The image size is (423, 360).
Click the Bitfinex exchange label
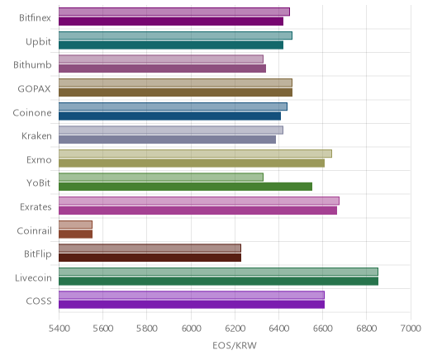(x=35, y=18)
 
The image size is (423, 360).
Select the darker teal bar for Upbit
(x=171, y=45)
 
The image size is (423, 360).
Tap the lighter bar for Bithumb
(x=161, y=59)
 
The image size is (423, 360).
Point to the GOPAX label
(x=34, y=88)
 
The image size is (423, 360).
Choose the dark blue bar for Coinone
(x=169, y=116)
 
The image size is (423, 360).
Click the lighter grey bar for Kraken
(x=171, y=130)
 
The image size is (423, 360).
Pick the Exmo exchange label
(x=39, y=159)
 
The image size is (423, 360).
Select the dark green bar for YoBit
(x=185, y=187)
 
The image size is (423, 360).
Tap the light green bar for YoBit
(x=161, y=177)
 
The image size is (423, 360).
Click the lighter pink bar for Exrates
(x=199, y=201)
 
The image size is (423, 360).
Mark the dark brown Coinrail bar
(x=75, y=234)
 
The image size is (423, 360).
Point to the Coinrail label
(x=34, y=230)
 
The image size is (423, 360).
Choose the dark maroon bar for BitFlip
(x=150, y=258)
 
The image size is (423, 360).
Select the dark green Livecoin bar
(x=218, y=282)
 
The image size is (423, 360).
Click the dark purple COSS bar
(x=192, y=305)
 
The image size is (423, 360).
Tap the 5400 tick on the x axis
(x=59, y=329)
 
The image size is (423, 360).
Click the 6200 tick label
(x=235, y=329)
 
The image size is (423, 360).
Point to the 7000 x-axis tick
(x=411, y=329)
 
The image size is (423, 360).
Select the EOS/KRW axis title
(x=235, y=345)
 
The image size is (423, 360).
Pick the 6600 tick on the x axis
(x=323, y=329)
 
